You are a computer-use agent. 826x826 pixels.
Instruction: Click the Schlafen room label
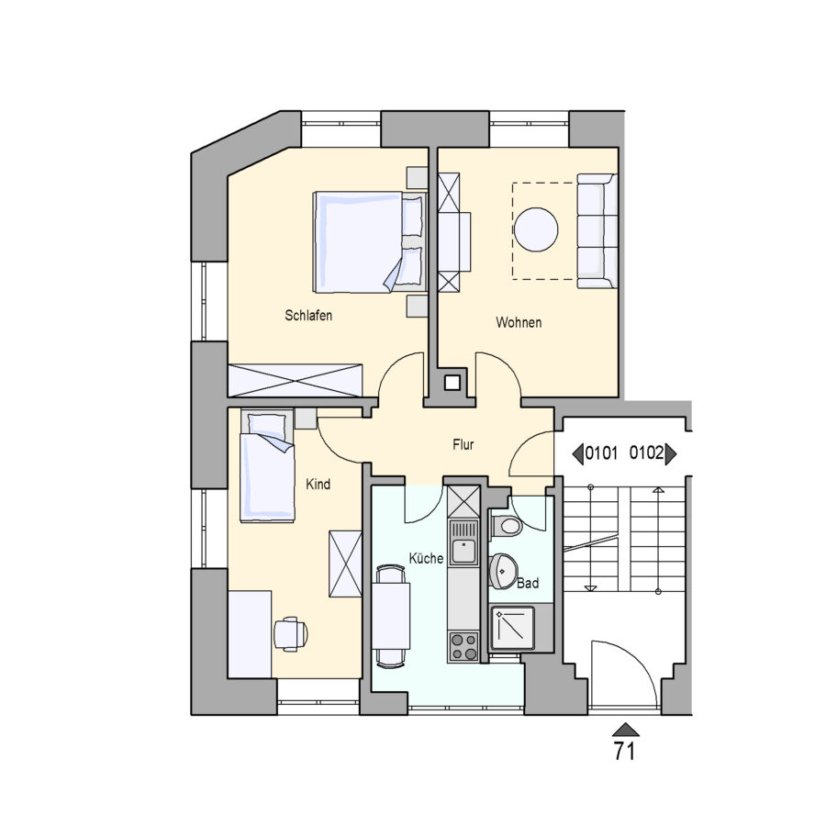pos(308,316)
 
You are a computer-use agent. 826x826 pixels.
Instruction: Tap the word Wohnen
pos(519,322)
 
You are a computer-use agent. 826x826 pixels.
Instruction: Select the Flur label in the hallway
pos(463,444)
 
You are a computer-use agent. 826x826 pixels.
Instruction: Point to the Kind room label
pos(318,484)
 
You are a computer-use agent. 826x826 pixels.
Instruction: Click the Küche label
pos(426,558)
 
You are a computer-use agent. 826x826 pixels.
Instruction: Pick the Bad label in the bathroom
pos(528,583)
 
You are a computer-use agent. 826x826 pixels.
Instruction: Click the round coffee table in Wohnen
pos(536,229)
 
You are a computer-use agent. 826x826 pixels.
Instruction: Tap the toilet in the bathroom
pos(507,525)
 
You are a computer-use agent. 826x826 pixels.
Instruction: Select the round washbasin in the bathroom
pos(503,571)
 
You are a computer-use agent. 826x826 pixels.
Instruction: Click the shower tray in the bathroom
pos(512,629)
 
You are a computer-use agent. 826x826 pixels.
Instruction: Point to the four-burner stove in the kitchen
pos(463,646)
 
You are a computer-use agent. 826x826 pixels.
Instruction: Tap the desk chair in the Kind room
pos(291,633)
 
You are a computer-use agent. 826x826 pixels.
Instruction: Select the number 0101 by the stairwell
pos(601,453)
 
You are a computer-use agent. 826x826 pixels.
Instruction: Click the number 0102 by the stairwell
pos(646,452)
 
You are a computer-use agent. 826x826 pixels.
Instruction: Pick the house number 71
pos(625,751)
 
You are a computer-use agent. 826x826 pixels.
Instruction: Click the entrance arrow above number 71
pos(625,730)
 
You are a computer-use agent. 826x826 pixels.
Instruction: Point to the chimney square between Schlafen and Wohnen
pos(452,383)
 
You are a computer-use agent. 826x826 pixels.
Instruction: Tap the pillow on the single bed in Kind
pos(267,423)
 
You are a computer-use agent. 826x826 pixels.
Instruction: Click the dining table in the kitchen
pos(391,616)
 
